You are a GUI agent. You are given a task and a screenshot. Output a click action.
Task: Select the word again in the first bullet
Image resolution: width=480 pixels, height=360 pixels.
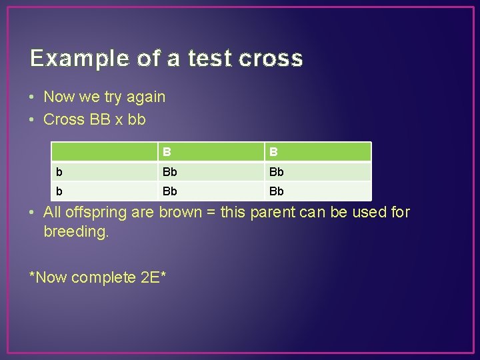[x=146, y=97]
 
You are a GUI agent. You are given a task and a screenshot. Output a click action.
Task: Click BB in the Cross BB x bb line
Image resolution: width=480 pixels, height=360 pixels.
[x=101, y=120]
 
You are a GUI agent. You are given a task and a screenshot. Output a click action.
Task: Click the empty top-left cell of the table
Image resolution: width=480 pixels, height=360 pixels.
[x=104, y=152]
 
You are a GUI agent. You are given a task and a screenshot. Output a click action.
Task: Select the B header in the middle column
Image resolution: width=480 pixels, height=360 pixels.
[x=167, y=152]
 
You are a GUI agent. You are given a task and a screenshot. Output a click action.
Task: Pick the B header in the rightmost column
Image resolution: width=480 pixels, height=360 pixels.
[x=273, y=152]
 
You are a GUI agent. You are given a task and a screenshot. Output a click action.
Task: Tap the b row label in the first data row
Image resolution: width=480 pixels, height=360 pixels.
[x=60, y=172]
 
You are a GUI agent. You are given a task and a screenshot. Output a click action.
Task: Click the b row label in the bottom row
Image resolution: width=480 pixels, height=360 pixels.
[x=60, y=191]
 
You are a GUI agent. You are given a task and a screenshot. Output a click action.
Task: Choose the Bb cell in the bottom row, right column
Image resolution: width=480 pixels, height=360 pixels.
[x=276, y=191]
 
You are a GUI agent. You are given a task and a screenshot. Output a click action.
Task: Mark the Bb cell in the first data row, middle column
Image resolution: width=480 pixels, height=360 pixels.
[x=170, y=172]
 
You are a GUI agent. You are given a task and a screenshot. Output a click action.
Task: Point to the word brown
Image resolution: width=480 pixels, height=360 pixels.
[x=180, y=213]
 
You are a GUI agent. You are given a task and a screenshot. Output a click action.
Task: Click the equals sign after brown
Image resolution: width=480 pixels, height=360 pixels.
[x=211, y=213]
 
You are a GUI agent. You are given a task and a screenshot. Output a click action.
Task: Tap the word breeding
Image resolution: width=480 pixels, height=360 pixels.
[x=75, y=233]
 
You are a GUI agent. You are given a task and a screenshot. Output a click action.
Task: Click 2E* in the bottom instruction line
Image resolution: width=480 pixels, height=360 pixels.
[x=153, y=277]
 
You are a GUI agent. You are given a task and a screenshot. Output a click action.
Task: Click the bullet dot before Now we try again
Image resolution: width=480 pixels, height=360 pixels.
[x=33, y=97]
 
